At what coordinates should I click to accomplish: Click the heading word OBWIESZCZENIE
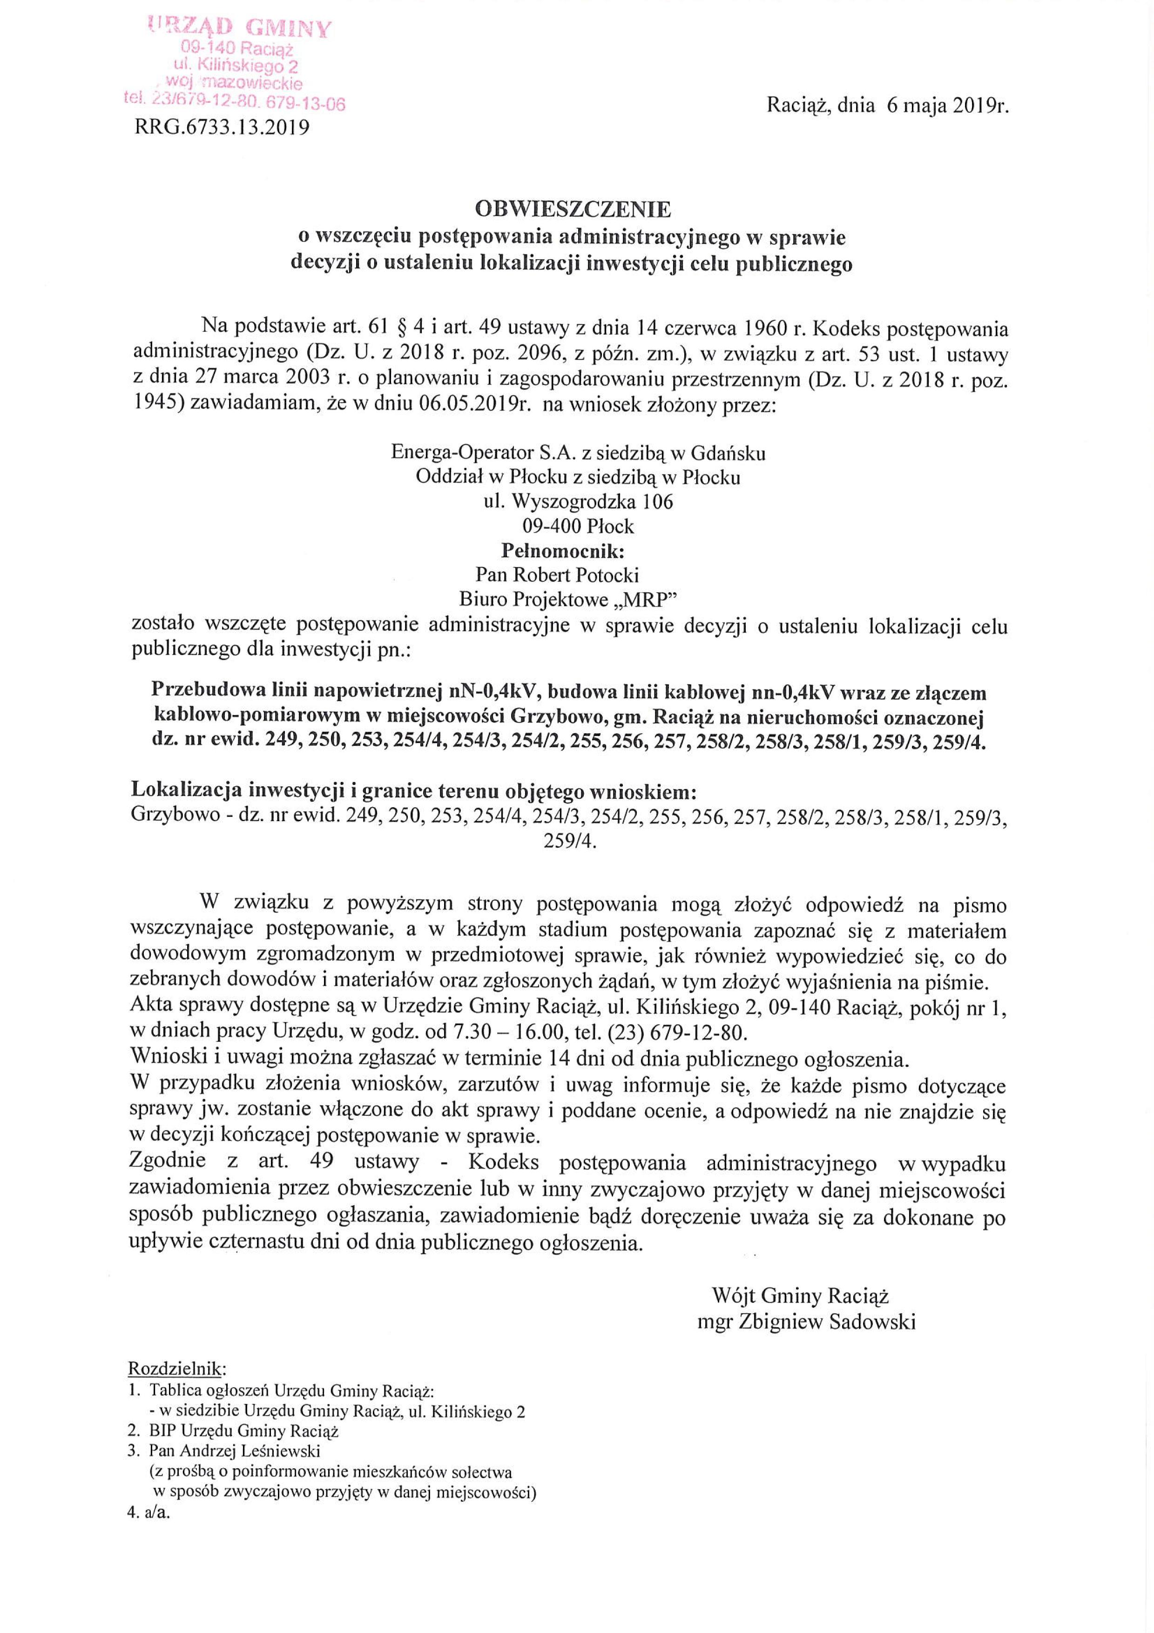(x=573, y=210)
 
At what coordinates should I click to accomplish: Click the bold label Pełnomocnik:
(x=563, y=551)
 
